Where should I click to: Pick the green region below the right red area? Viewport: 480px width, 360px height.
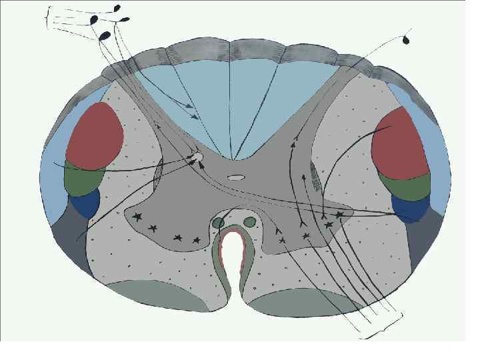tap(403, 186)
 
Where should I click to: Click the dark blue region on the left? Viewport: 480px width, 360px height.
tap(85, 203)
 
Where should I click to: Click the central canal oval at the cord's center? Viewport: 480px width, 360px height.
tap(236, 179)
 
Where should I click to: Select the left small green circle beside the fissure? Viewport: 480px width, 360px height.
tap(218, 223)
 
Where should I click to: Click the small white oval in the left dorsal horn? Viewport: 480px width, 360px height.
tap(197, 158)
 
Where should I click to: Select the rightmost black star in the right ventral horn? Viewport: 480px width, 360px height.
tap(339, 215)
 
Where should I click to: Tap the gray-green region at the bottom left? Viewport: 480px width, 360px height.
tap(157, 295)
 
